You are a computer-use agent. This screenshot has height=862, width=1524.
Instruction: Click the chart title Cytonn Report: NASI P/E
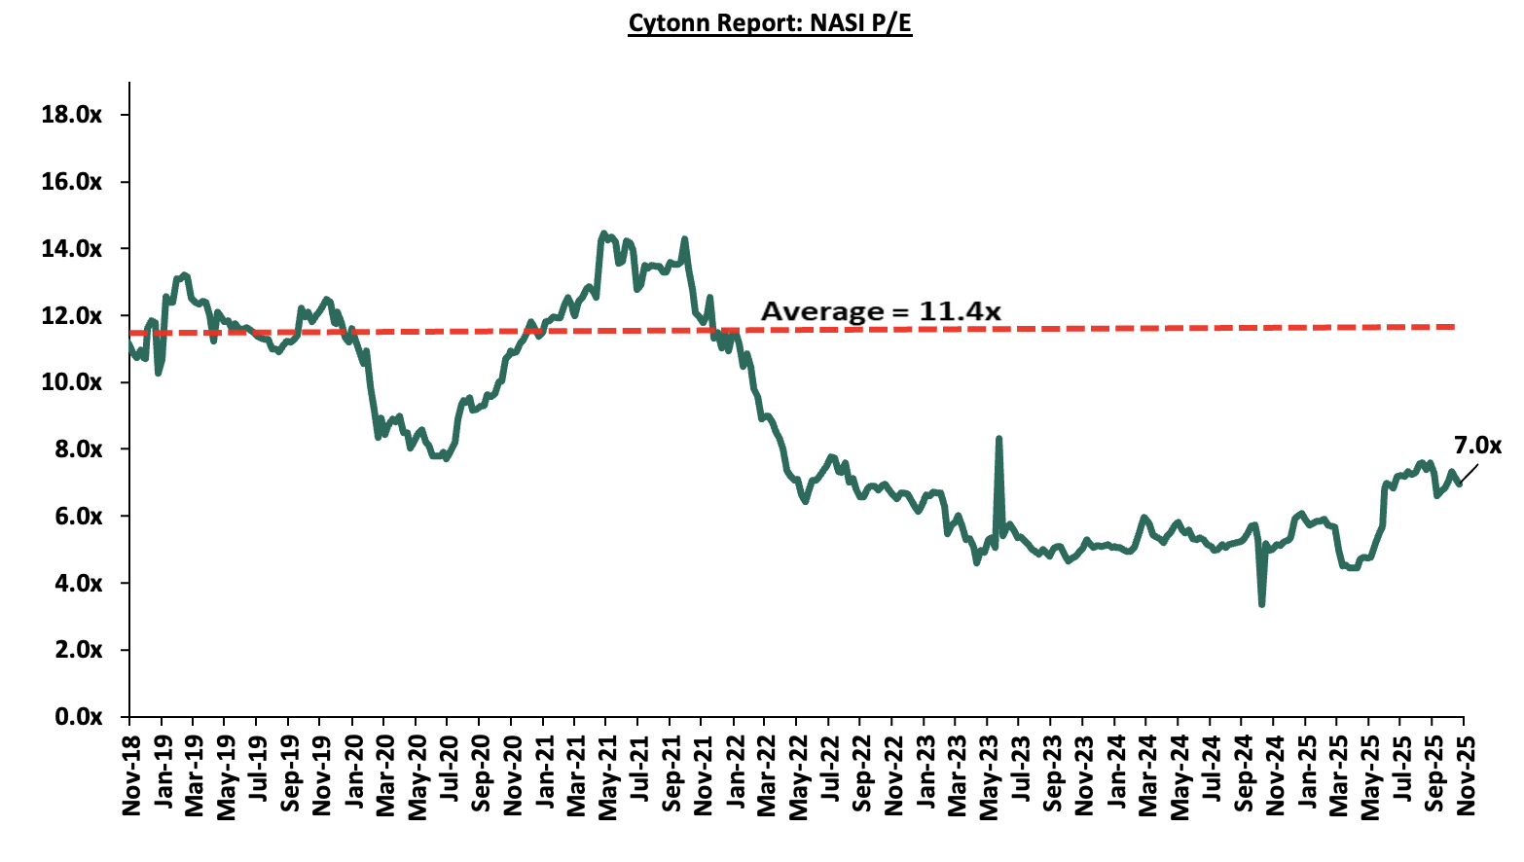pos(770,22)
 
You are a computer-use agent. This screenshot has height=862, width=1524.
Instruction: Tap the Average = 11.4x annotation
pos(881,311)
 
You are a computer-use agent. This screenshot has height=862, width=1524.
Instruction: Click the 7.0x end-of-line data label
pos(1477,446)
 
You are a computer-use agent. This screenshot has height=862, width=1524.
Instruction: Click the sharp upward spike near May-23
pos(998,440)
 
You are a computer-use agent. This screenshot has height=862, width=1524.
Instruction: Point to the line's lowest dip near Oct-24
pos(1261,604)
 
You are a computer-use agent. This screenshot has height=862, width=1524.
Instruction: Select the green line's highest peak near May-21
pos(603,233)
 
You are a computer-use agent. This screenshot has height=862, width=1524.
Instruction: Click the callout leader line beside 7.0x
pos(1469,473)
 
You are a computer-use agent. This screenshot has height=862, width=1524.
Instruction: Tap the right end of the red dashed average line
pos(1454,327)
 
